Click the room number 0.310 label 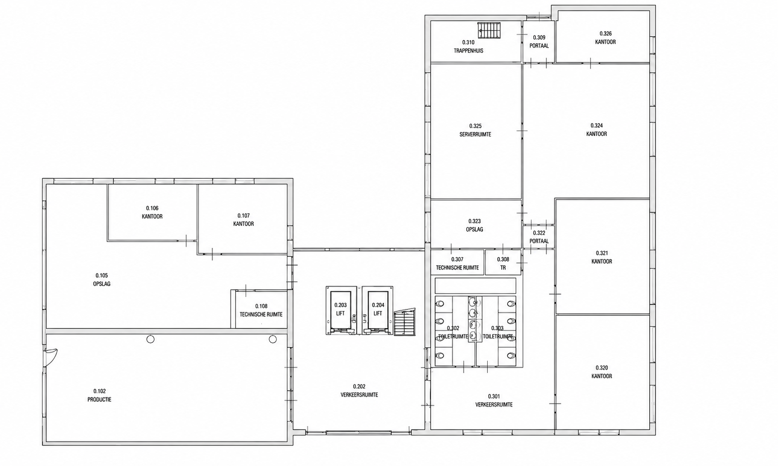(468, 42)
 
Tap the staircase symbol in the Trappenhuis (489, 30)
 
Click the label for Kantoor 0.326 (605, 38)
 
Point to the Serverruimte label (475, 134)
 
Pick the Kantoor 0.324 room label (597, 130)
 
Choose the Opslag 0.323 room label (474, 225)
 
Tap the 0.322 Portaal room (539, 237)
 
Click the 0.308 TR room (503, 263)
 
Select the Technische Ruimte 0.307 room (457, 263)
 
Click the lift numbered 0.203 (340, 310)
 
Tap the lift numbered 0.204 (378, 310)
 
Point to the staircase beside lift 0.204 (405, 323)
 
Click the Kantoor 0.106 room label (152, 212)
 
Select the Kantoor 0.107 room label (244, 220)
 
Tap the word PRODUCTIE (99, 400)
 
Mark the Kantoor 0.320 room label (602, 372)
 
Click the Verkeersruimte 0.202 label (359, 391)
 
